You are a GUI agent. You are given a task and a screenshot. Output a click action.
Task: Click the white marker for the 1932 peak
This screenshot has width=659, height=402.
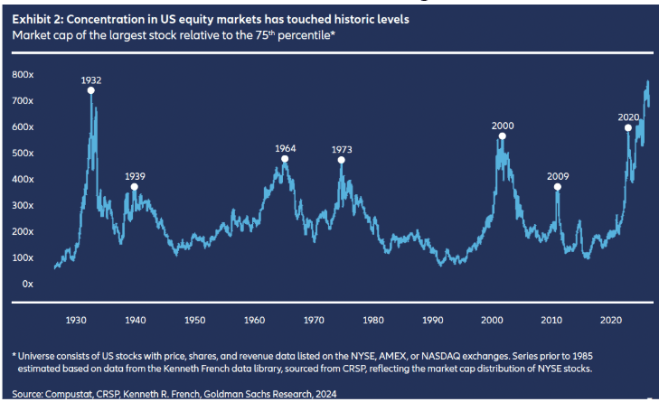point(90,90)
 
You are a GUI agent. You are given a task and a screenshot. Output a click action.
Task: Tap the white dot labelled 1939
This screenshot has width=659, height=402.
point(134,187)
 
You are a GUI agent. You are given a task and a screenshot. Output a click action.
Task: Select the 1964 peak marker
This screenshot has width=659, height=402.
point(285,159)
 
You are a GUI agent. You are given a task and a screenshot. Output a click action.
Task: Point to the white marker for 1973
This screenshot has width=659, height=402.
point(342,160)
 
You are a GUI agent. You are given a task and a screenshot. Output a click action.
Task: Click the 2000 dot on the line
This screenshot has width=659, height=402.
point(502,136)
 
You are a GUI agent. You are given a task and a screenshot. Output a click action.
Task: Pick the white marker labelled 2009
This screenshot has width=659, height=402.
point(557,187)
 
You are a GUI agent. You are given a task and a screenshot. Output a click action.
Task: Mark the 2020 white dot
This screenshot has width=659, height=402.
point(628,127)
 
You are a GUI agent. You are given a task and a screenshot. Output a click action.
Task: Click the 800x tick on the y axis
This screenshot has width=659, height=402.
point(23,75)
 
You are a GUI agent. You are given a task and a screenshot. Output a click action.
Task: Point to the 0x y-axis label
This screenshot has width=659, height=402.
point(28,284)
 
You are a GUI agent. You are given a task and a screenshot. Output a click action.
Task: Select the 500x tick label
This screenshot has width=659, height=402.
point(23,154)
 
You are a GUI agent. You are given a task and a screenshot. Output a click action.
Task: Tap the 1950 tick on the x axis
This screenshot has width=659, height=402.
point(195,320)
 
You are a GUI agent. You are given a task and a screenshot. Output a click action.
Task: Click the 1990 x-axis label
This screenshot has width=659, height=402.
point(432,320)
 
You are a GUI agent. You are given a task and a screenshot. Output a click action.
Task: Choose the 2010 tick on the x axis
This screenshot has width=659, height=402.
point(551,320)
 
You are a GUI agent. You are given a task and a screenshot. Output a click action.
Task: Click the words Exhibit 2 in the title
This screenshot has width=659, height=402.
point(37,19)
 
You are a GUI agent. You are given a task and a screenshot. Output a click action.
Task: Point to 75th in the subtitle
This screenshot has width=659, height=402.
point(265,35)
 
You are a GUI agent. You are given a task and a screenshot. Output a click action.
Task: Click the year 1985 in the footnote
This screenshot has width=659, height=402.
point(583,356)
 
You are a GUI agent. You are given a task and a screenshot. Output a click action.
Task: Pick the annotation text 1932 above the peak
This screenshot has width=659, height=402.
point(91,80)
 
